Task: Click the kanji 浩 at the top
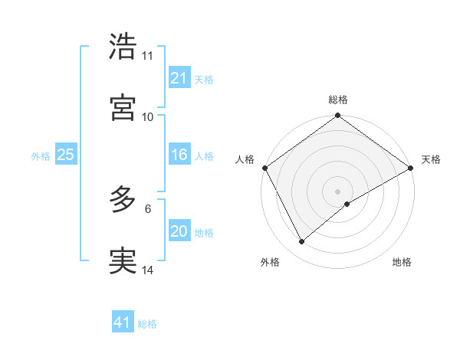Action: point(123,47)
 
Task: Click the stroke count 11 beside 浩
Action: point(147,56)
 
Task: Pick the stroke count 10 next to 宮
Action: point(147,116)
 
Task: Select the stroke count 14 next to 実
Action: point(147,270)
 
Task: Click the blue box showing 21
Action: point(179,78)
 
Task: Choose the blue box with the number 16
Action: point(179,155)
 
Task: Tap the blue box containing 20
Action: point(179,231)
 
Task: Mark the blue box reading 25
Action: point(66,155)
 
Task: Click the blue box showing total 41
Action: point(123,322)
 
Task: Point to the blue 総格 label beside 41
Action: point(147,324)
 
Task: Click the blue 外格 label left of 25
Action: point(41,156)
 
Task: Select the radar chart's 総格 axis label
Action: point(338,100)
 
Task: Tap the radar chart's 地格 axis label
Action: point(402,262)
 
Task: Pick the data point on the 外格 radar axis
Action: point(301,242)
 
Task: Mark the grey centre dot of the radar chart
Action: point(338,191)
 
